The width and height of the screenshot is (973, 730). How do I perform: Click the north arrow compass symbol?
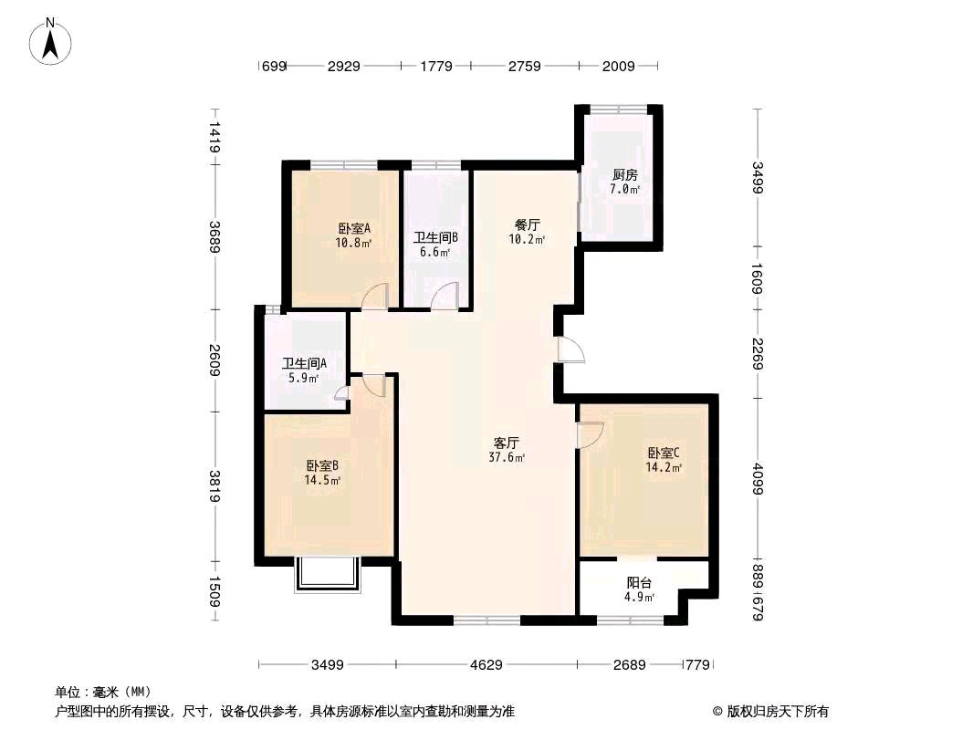(x=50, y=41)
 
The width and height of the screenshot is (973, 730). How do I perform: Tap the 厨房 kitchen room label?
(x=624, y=175)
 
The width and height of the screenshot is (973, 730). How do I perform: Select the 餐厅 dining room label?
(x=527, y=224)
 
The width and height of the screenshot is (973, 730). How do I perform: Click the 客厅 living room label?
(x=506, y=443)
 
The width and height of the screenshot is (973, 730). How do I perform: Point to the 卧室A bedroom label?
(x=354, y=228)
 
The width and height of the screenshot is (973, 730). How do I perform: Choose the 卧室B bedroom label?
(x=322, y=465)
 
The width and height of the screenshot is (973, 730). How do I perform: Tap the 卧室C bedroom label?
(x=664, y=453)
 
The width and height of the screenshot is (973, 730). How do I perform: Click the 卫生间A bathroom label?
(x=304, y=363)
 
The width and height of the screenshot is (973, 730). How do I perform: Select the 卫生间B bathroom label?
(x=435, y=237)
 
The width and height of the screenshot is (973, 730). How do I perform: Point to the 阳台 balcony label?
(x=639, y=583)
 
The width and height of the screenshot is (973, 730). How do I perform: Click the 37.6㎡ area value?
(x=507, y=458)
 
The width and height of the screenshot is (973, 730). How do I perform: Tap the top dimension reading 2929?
(x=344, y=66)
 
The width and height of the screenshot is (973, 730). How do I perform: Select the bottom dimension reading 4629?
(x=486, y=665)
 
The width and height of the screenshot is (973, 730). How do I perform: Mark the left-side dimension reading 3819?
(x=214, y=486)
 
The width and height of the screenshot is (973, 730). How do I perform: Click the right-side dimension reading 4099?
(x=758, y=479)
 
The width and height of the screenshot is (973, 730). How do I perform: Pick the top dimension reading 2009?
(x=618, y=66)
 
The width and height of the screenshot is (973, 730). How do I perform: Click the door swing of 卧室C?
(x=591, y=434)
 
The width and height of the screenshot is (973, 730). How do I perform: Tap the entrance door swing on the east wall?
(x=570, y=349)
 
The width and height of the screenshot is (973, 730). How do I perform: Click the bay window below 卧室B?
(x=328, y=575)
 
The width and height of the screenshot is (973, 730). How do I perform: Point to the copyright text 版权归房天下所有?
(x=778, y=712)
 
